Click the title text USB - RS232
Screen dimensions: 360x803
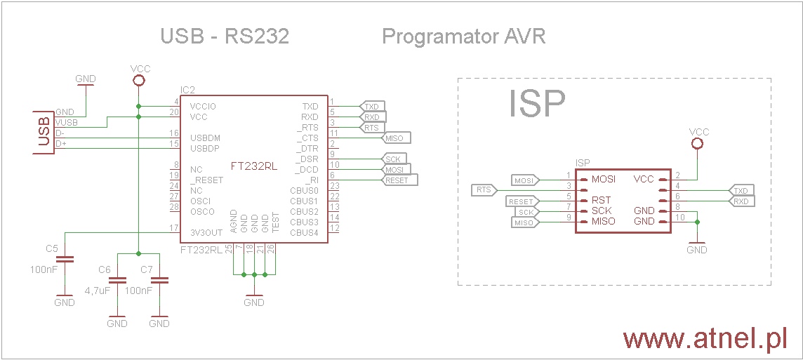[225, 36]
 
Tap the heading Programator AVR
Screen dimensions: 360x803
[463, 36]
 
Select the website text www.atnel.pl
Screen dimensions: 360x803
[705, 339]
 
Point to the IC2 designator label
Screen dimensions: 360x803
[187, 91]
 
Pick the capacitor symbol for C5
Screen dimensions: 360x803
[64, 260]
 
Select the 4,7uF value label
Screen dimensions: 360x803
[98, 290]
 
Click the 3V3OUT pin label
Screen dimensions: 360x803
[206, 232]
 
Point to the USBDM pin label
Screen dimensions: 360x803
[204, 138]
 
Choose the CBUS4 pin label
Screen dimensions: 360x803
[304, 232]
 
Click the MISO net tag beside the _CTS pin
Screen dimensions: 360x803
[397, 138]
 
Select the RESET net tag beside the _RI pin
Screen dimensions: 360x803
[399, 180]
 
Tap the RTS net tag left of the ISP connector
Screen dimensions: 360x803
[484, 189]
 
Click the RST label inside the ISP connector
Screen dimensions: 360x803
[602, 200]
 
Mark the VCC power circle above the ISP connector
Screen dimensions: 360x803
[697, 144]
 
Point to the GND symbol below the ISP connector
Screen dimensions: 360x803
[697, 246]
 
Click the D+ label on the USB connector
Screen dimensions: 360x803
[60, 143]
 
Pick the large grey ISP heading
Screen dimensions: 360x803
[537, 104]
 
